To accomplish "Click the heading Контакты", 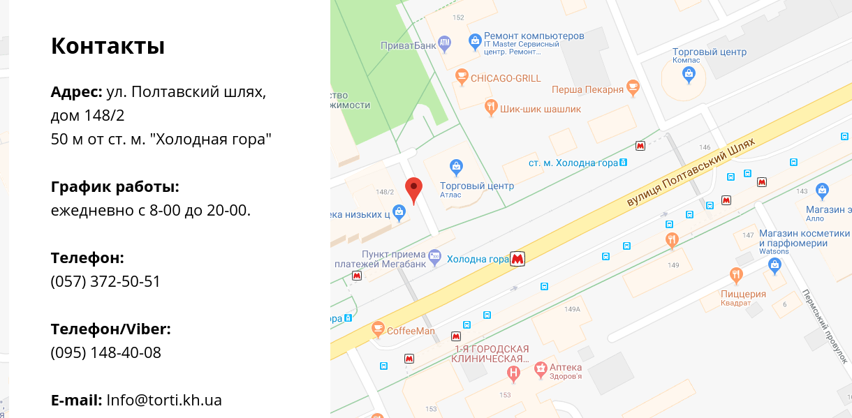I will (108, 46).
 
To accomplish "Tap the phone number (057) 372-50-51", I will (105, 281).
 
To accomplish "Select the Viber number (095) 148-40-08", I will (105, 352).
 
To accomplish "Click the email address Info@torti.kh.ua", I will (164, 400).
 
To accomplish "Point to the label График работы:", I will (115, 186).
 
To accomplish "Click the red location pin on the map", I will (414, 189).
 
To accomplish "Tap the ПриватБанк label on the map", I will (408, 46).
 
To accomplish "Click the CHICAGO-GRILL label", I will (506, 78).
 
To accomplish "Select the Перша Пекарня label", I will (587, 89).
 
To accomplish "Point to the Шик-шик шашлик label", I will (541, 109).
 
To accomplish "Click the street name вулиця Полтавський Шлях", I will (691, 172).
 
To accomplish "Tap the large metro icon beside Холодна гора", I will (517, 259).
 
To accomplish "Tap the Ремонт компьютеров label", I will (534, 36).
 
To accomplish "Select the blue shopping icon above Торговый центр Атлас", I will (456, 166).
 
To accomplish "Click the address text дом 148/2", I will (87, 115).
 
